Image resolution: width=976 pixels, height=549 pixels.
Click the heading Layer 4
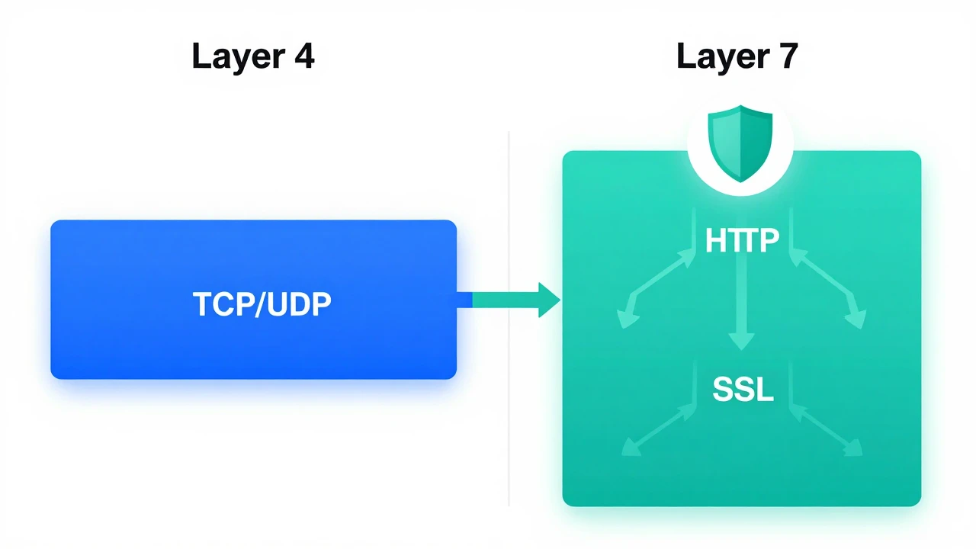pyautogui.click(x=252, y=56)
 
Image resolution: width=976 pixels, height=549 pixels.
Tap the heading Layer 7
pyautogui.click(x=737, y=56)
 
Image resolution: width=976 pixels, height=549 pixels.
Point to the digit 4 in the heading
pyautogui.click(x=304, y=56)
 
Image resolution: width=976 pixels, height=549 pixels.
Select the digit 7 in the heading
pyautogui.click(x=788, y=56)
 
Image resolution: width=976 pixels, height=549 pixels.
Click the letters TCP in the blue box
pyautogui.click(x=223, y=304)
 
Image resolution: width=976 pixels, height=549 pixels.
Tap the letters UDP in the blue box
pyautogui.click(x=299, y=304)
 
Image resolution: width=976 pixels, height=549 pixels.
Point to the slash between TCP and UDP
pyautogui.click(x=261, y=304)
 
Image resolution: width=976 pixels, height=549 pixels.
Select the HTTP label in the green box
pyautogui.click(x=742, y=240)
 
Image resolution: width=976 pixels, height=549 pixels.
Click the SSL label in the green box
pyautogui.click(x=743, y=389)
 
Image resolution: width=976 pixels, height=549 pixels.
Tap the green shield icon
pyautogui.click(x=740, y=143)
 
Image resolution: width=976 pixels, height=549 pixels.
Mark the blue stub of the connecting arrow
pyautogui.click(x=464, y=300)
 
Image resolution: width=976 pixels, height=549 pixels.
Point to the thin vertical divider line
pyautogui.click(x=509, y=319)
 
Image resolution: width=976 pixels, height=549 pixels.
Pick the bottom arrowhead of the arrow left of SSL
pyautogui.click(x=631, y=448)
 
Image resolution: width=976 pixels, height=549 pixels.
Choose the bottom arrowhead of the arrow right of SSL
pyautogui.click(x=853, y=448)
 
